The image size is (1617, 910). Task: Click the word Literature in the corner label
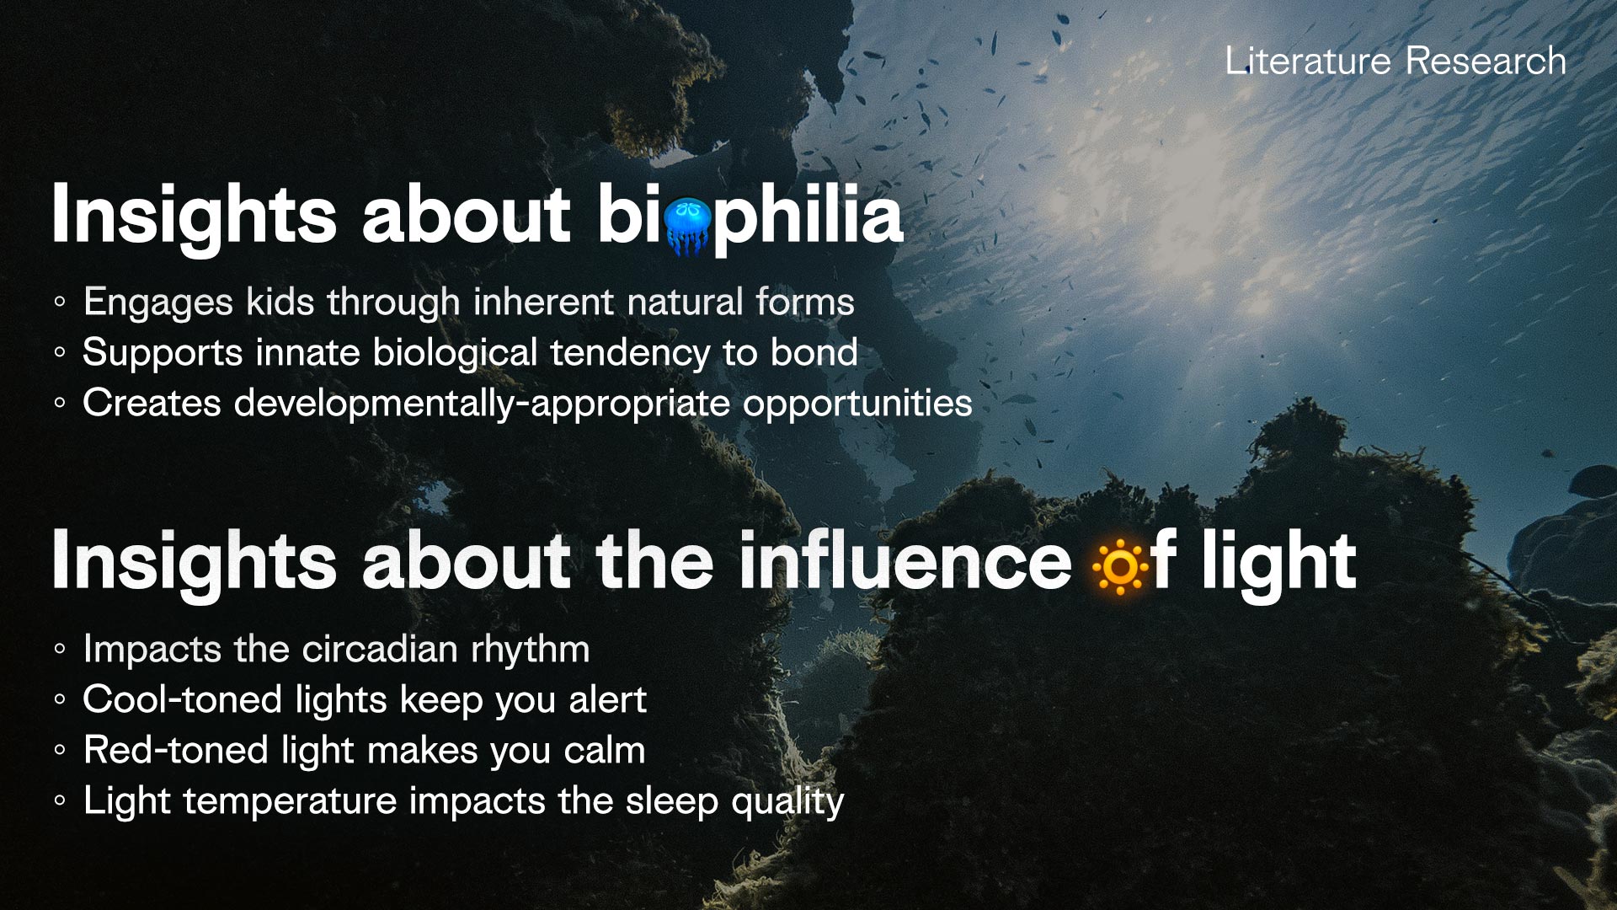(1307, 62)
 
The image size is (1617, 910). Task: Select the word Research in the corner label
(1486, 62)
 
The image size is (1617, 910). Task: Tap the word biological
(455, 353)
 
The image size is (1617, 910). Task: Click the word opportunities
(857, 404)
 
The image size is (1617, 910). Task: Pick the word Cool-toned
(182, 700)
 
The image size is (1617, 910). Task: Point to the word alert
(607, 700)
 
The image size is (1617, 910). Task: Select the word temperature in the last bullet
(290, 801)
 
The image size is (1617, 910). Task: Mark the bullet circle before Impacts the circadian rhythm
(59, 650)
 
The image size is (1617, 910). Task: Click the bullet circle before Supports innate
(59, 353)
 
